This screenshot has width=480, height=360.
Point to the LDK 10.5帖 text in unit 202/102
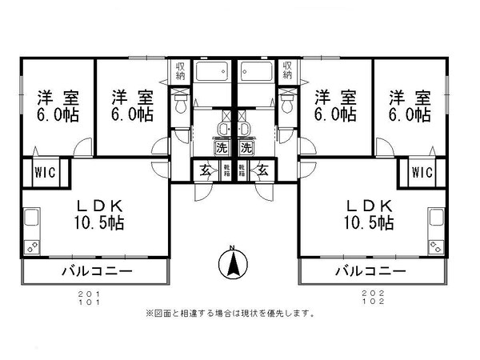[368, 212]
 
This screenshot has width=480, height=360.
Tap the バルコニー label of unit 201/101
[97, 272]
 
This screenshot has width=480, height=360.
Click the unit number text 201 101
[97, 298]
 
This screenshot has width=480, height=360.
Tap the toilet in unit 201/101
[181, 102]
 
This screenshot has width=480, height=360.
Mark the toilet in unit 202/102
[286, 102]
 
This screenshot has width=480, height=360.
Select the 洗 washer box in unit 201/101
[221, 147]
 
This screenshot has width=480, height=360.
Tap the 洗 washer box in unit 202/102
[246, 147]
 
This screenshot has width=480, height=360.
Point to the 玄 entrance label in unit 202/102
[262, 170]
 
